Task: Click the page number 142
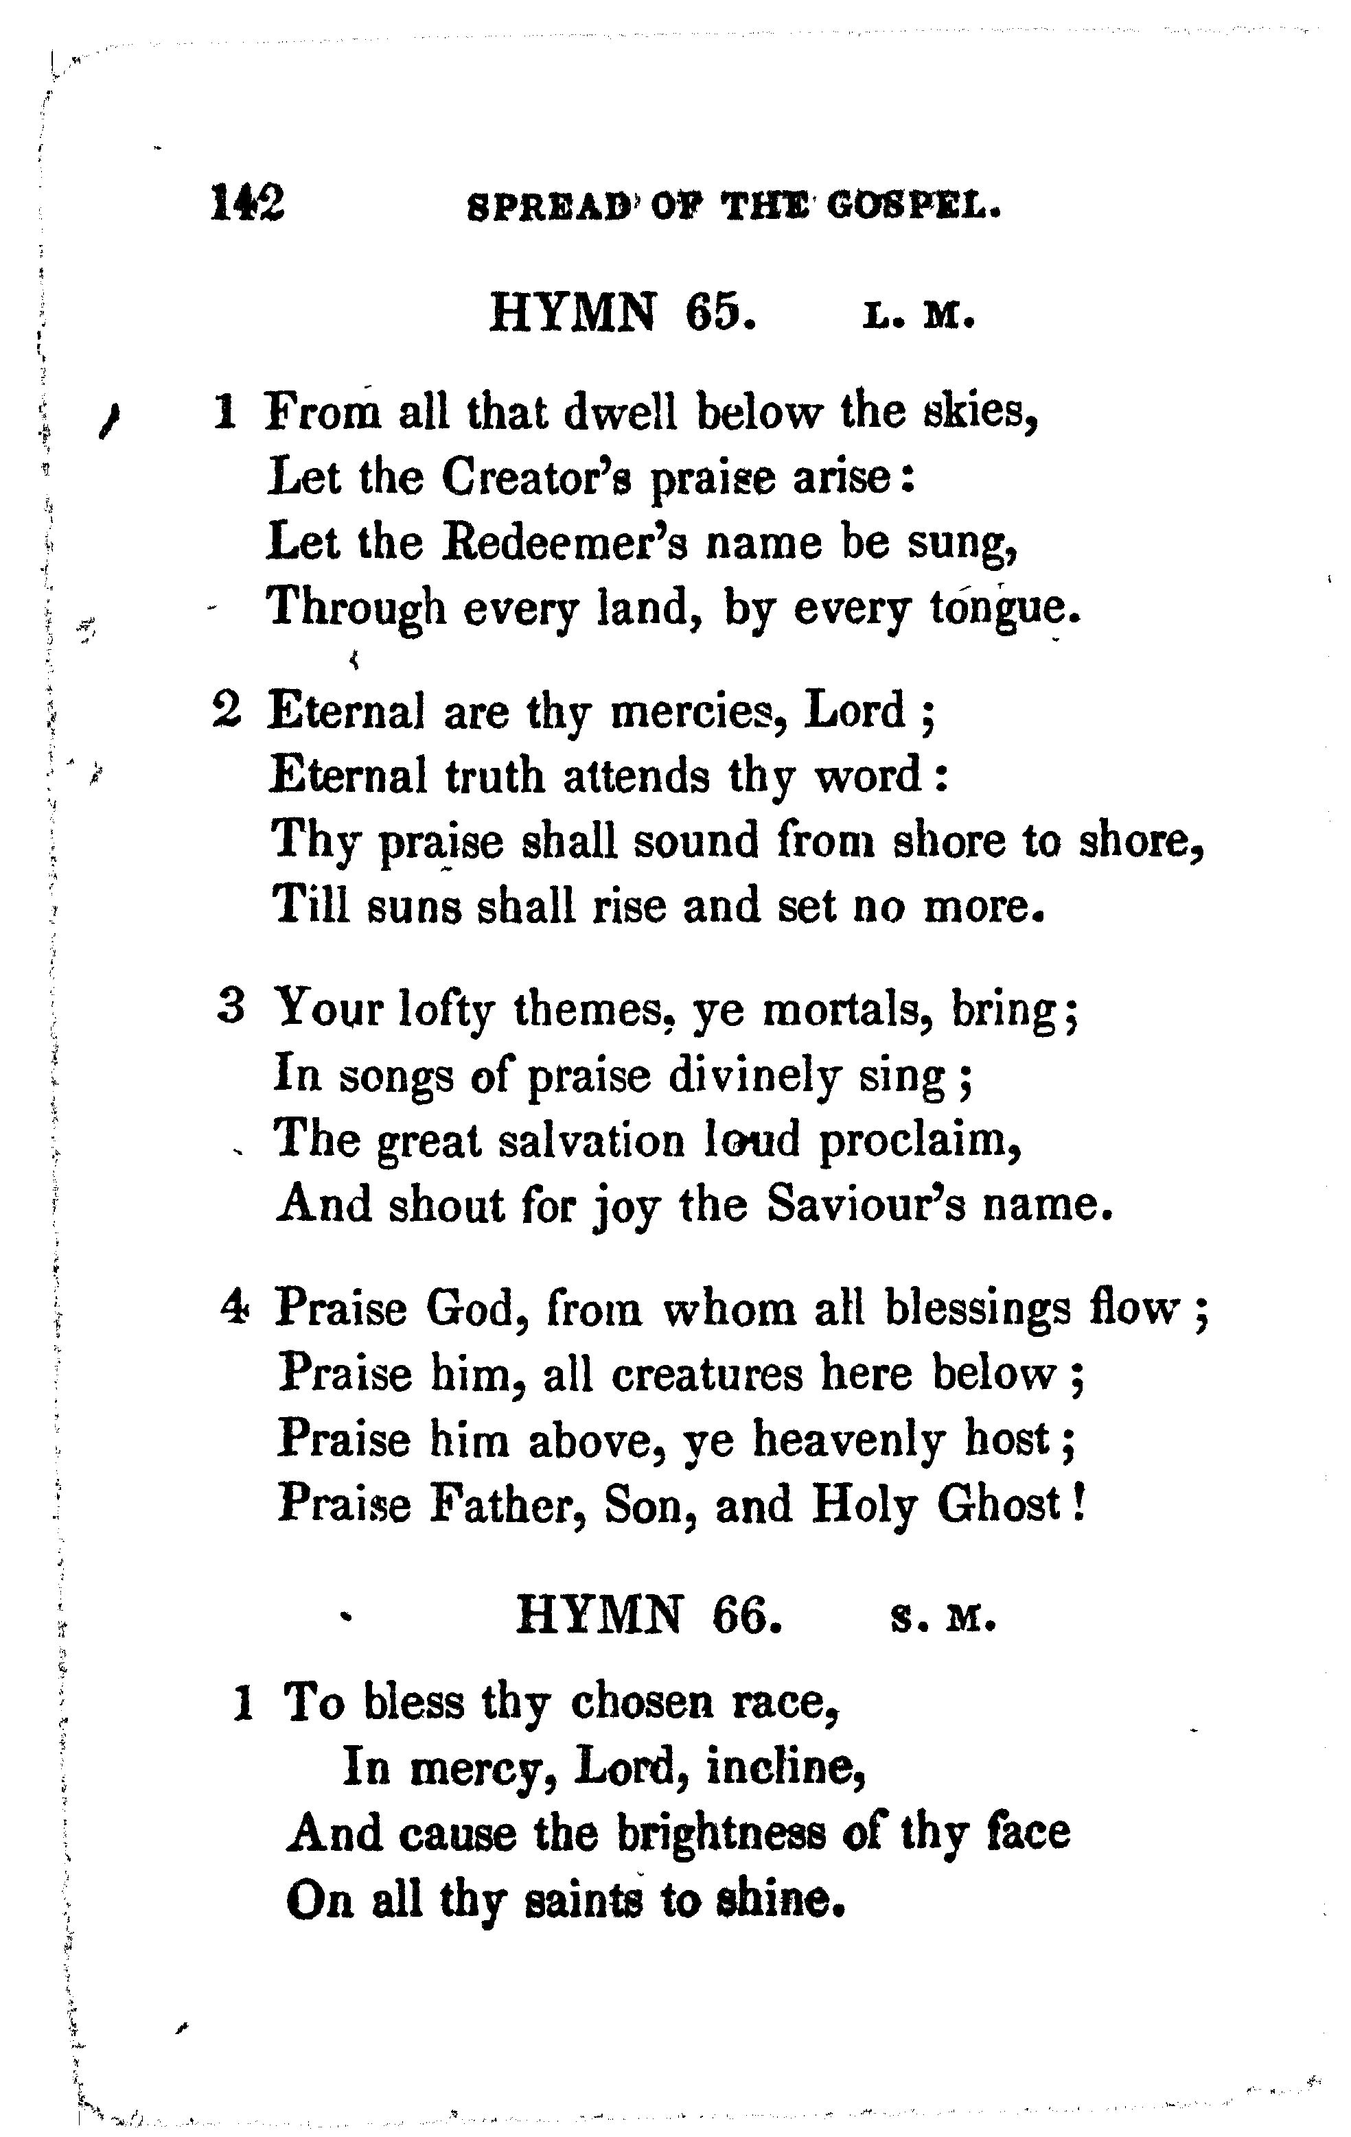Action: tap(248, 204)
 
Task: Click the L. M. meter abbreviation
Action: tap(919, 317)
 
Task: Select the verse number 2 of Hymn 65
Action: tap(227, 711)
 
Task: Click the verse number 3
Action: tap(231, 1007)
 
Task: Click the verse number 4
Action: tap(234, 1307)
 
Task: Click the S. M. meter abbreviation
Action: tap(943, 1620)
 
